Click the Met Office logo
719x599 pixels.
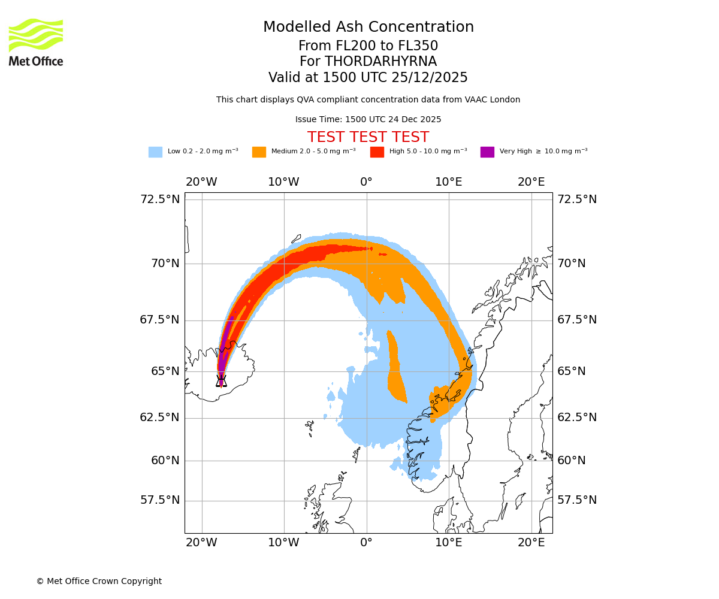[36, 42]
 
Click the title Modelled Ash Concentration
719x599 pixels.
[368, 28]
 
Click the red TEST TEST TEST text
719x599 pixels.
[368, 138]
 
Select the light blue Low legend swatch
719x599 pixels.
[155, 152]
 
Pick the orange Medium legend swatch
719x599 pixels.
[259, 152]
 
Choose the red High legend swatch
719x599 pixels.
[377, 152]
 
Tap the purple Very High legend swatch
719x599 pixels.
[487, 152]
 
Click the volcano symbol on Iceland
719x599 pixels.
[221, 381]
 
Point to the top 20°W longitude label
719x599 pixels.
[201, 182]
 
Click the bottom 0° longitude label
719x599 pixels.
[366, 543]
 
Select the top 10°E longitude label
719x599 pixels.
[448, 182]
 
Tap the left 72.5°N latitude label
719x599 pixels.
[160, 199]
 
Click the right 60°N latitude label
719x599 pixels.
[572, 461]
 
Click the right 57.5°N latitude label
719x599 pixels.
[577, 500]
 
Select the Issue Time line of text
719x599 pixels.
[368, 120]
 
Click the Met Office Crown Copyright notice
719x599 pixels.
[99, 582]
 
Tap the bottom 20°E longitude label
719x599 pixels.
[531, 543]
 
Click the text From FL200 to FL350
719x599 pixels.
[368, 46]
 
